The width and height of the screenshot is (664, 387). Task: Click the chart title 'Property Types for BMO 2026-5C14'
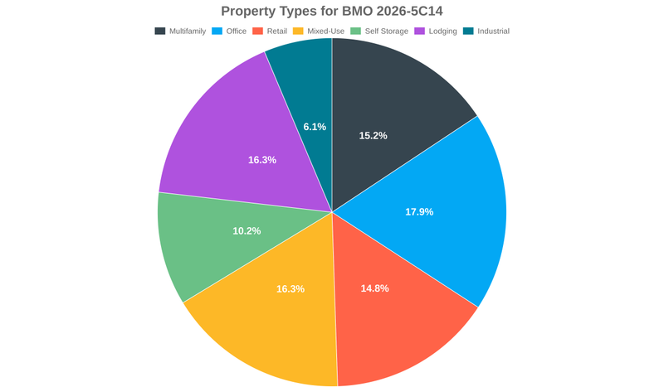coord(332,12)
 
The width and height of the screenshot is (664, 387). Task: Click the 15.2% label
coord(373,135)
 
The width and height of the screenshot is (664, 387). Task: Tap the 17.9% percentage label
coord(419,211)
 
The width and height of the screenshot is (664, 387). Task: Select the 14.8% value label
coord(374,288)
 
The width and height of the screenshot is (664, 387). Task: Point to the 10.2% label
coord(247,230)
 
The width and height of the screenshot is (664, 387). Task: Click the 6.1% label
coord(315,127)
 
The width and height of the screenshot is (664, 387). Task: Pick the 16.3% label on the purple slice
coord(262,159)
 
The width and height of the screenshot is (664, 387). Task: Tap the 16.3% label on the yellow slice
coord(290,288)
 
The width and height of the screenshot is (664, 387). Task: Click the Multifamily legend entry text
coord(188,31)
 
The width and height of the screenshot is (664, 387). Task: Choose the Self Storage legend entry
coord(388,31)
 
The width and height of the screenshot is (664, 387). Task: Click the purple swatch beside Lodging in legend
coord(420,31)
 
